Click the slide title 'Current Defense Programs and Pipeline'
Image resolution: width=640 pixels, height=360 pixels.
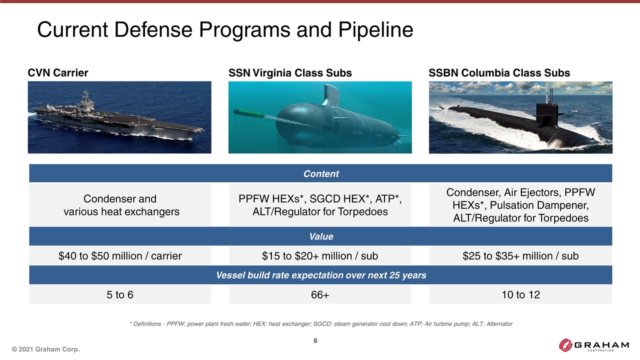[x=225, y=29]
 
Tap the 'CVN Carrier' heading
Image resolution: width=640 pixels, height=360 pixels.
[x=57, y=73]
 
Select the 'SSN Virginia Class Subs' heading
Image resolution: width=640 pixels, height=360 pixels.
[x=290, y=73]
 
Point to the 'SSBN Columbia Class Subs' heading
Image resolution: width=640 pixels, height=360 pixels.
[x=499, y=73]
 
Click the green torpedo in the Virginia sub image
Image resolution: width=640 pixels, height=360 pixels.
[x=249, y=113]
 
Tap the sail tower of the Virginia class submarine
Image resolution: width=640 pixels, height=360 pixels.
[x=331, y=95]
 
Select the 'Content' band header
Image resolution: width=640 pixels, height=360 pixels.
[x=320, y=173]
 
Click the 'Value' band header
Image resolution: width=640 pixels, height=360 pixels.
[x=320, y=236]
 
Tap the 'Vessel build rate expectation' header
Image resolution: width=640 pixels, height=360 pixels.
[x=320, y=275]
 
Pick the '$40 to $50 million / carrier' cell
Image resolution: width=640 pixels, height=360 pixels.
[x=120, y=255]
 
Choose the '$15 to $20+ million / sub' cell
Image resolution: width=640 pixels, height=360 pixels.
[x=320, y=255]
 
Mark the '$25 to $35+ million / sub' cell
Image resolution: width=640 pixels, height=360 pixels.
[x=520, y=255]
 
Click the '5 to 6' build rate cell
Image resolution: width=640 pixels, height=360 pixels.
[x=120, y=294]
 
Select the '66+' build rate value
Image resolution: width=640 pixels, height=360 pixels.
[x=320, y=294]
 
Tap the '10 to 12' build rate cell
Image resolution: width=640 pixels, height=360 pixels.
[x=520, y=294]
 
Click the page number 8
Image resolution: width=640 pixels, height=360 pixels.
[x=315, y=340]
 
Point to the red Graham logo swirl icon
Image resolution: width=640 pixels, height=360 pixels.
[x=565, y=345]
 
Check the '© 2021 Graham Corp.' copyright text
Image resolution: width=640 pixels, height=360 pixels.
[x=45, y=349]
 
